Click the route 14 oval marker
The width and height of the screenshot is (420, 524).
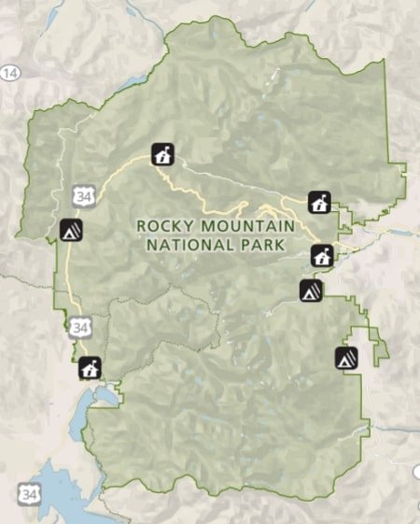10,72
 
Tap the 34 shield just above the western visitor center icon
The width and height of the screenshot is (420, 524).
79,328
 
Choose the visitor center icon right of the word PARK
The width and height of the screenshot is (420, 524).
321,255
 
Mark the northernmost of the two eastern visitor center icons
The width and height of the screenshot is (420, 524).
319,202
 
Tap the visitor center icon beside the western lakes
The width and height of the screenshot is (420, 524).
90,368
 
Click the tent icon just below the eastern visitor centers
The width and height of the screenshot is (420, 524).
311,290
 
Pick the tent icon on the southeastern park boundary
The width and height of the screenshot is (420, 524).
346,358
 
